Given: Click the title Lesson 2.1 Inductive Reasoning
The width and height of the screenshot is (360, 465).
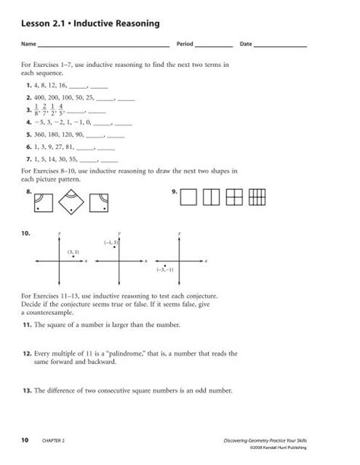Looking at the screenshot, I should [90, 24].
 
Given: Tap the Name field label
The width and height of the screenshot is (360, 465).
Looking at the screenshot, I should [29, 46].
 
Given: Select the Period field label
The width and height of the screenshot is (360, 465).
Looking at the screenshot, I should [185, 46].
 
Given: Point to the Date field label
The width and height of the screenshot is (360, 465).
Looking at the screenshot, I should [245, 46].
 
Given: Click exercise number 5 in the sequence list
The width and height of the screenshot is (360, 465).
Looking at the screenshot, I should [28, 133].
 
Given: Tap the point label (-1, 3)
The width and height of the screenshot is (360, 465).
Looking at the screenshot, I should [111, 242].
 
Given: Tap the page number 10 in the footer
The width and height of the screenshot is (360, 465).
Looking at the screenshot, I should [25, 440].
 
